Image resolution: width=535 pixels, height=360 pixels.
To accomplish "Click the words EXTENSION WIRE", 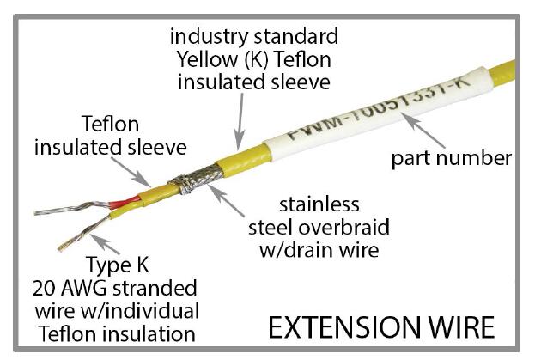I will (380, 327).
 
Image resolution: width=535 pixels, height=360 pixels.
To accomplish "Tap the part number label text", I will (451, 157).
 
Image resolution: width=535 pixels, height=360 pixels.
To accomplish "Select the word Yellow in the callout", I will (206, 59).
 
